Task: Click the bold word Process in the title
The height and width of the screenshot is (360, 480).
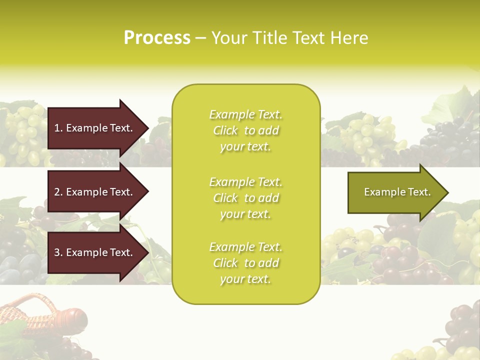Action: [157, 38]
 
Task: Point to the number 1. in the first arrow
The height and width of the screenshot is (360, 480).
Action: [58, 128]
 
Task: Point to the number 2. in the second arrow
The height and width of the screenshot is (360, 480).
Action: [58, 192]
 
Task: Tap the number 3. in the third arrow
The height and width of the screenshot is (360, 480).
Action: [58, 252]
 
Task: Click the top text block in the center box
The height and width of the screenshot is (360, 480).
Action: [245, 130]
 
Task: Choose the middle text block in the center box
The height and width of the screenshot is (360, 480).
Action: [245, 198]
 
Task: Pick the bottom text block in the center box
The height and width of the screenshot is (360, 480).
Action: [245, 263]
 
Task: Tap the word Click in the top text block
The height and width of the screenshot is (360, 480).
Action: [225, 130]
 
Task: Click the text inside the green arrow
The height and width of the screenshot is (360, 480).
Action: [397, 192]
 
